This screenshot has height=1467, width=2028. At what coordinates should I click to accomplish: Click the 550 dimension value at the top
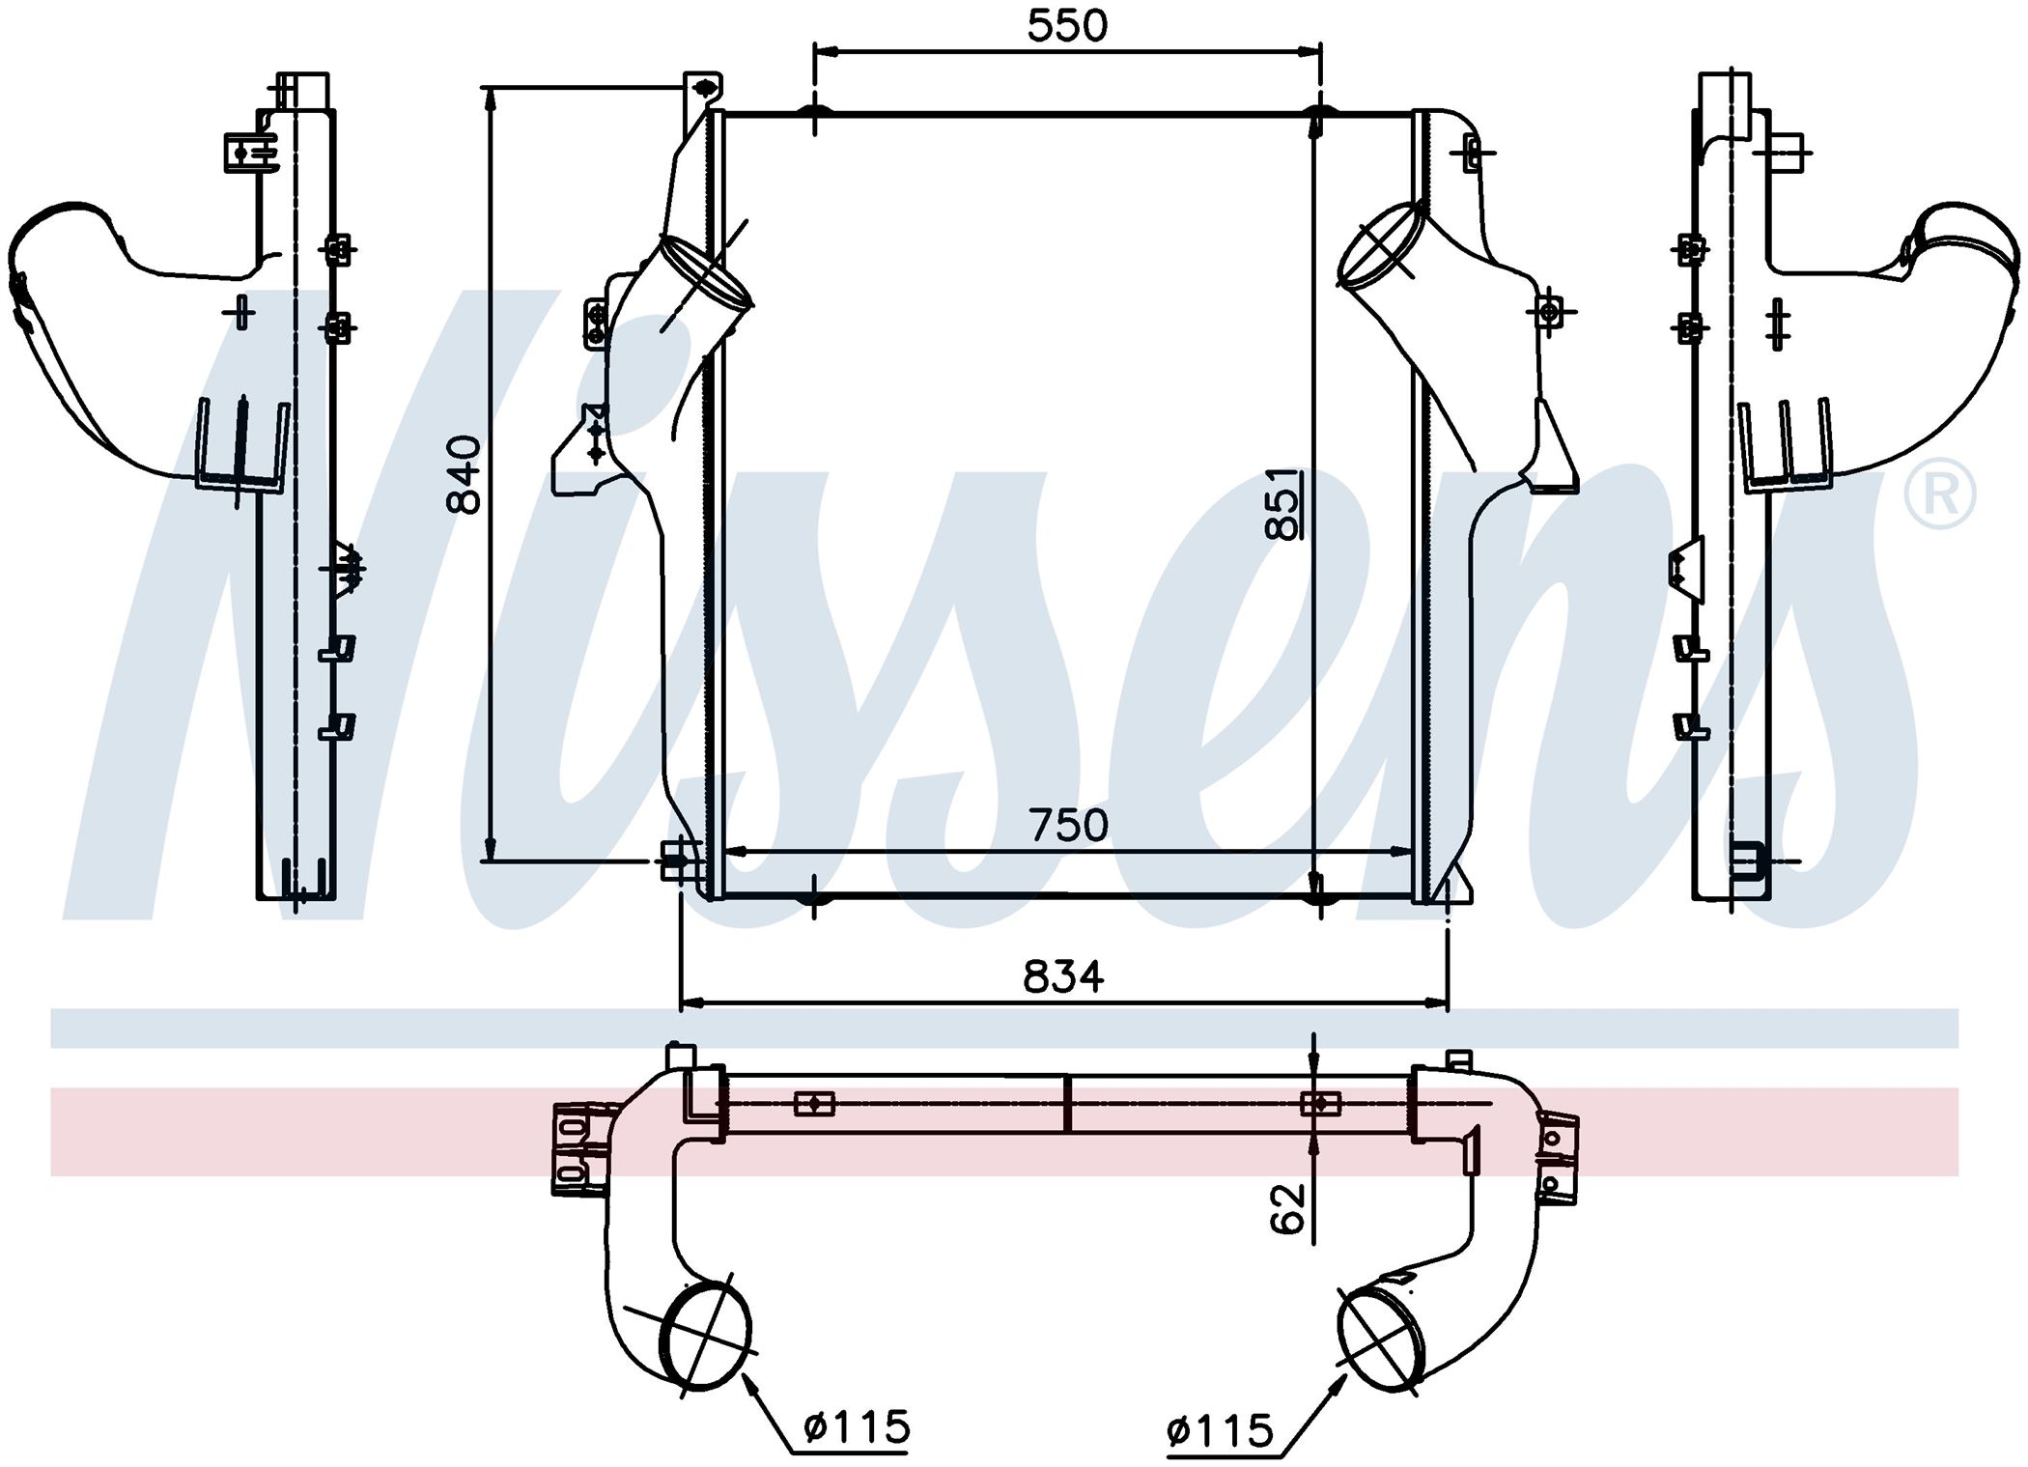click(x=1067, y=26)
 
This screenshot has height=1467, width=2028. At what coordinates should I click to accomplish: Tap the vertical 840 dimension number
click(x=465, y=474)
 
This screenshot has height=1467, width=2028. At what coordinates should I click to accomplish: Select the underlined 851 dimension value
click(x=1283, y=503)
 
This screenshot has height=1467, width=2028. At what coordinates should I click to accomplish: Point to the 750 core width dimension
click(x=1068, y=825)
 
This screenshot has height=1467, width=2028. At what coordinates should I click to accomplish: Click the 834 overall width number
click(x=1063, y=976)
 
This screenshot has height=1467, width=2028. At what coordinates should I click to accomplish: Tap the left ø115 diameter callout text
click(x=857, y=1425)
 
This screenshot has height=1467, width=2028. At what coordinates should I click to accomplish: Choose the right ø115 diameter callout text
click(x=1220, y=1430)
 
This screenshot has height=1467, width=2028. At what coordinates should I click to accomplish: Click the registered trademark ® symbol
click(x=1939, y=494)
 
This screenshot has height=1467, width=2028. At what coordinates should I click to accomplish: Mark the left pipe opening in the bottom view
click(x=709, y=1337)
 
